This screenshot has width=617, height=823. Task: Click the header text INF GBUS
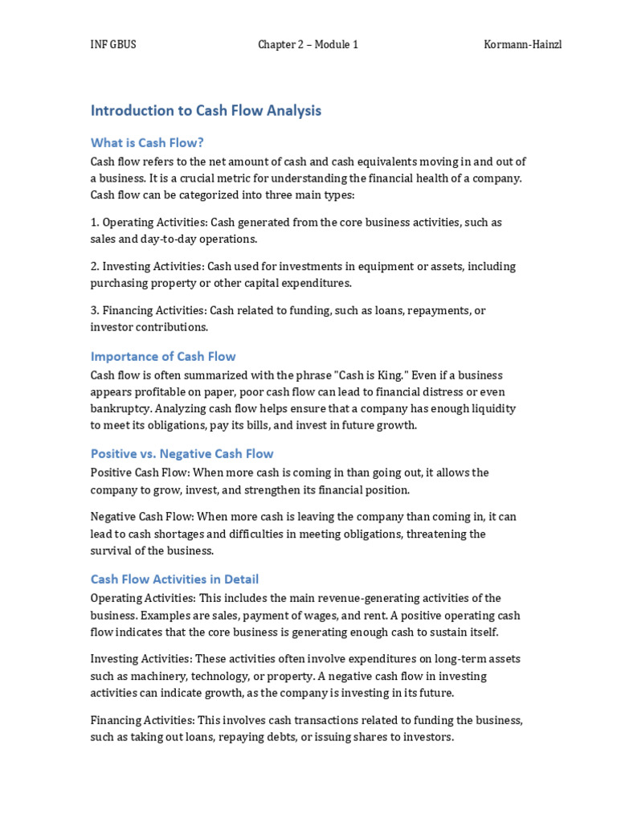point(113,45)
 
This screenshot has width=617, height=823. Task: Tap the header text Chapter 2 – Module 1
point(308,45)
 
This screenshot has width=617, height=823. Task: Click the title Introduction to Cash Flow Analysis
point(206,111)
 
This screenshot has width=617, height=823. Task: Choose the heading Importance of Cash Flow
point(163,356)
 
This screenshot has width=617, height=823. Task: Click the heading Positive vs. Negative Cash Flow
point(182,453)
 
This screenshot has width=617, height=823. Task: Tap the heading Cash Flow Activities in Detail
point(174,579)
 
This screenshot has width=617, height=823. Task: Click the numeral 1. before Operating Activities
point(95,222)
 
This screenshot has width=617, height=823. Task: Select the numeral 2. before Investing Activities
point(95,266)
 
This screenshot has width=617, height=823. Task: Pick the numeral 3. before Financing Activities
point(95,310)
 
